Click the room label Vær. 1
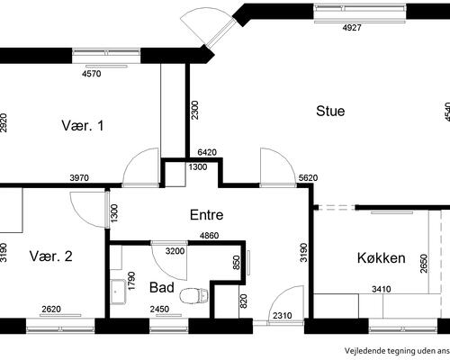[x=83, y=125]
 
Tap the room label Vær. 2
[x=50, y=256]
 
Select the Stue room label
[x=330, y=112]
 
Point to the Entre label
[x=206, y=215]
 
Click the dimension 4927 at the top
[x=352, y=29]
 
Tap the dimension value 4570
[x=91, y=74]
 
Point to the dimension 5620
[x=308, y=177]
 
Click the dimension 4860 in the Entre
[x=211, y=236]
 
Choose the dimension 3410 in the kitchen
[x=382, y=290]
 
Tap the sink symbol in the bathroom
[x=117, y=290]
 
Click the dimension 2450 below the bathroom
[x=159, y=310]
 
